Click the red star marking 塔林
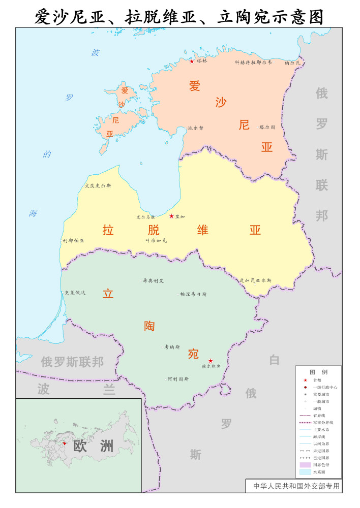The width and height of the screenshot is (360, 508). pos(192,61)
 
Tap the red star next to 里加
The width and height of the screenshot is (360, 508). pos(171,216)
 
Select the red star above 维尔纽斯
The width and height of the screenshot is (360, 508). pos(211,361)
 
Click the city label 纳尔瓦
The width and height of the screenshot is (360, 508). pos(293,63)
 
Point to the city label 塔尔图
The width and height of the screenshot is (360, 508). pos(267,127)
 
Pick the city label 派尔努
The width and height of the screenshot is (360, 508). pos(195,128)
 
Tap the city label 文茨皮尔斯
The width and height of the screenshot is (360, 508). pos(98,185)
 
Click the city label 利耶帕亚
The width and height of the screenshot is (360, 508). pos(74,240)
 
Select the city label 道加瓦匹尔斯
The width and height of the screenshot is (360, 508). pos(256,280)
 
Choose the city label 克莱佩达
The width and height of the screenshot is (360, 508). pos(75,293)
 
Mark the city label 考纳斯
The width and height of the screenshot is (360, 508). pos(172,347)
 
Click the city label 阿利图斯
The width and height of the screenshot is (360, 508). pos(178,379)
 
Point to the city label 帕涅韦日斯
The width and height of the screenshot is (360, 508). pos(194,294)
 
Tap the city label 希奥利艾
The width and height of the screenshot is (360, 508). pos(153,280)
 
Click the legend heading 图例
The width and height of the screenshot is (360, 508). pos(318,372)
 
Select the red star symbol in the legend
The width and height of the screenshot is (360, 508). pos(305,380)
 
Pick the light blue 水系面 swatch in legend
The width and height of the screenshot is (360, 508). pos(305,472)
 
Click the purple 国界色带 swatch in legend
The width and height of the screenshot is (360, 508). pos(305,465)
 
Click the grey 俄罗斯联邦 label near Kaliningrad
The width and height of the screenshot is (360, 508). pos(72,362)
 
